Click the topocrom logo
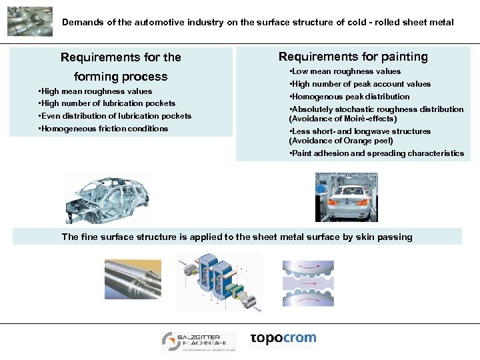click(x=283, y=338)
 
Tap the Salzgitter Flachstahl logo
click(x=199, y=341)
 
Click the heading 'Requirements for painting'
click(x=353, y=57)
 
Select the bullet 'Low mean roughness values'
click(x=345, y=71)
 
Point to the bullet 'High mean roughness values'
click(x=95, y=91)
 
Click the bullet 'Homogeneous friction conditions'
click(x=103, y=129)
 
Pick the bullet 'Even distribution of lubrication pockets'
click(x=115, y=116)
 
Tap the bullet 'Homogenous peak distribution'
click(x=349, y=97)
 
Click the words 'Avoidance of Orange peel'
click(x=341, y=141)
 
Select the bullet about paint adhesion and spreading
click(x=377, y=153)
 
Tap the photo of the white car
click(x=346, y=197)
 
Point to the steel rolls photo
click(x=133, y=279)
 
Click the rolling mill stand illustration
click(x=218, y=282)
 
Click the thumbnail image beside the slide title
click(x=29, y=21)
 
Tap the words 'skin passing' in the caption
click(x=384, y=237)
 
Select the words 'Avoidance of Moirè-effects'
click(x=343, y=119)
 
